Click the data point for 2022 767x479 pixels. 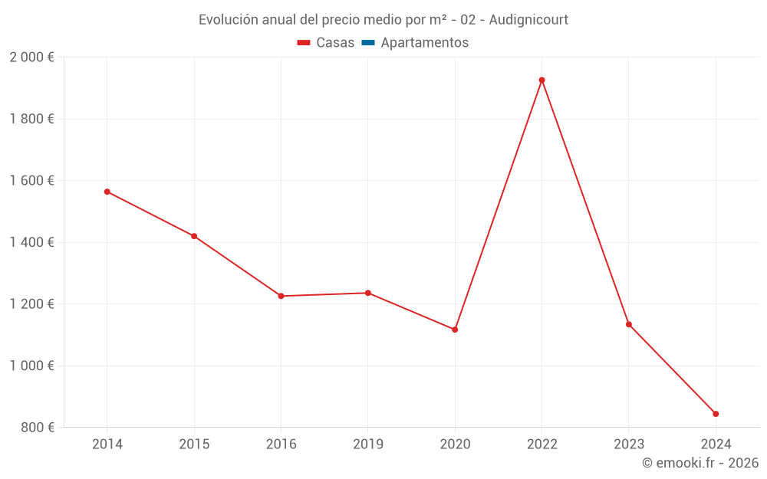[542, 80]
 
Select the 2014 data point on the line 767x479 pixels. [107, 192]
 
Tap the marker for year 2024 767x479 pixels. [716, 414]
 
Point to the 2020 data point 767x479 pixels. [455, 330]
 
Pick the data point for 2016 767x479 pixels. [281, 296]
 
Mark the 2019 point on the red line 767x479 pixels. [368, 293]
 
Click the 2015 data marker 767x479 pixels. [194, 236]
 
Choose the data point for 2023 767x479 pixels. [629, 324]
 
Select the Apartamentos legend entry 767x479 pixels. [424, 43]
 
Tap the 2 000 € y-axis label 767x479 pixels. [31, 57]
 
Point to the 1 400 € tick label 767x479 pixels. [31, 242]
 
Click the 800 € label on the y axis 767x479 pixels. [37, 427]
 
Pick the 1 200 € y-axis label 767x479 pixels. [31, 303]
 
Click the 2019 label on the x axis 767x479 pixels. [368, 444]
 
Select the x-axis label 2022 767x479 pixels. [542, 444]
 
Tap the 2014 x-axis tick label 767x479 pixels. [107, 444]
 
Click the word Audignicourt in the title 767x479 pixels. [528, 20]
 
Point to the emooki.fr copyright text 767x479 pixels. [700, 463]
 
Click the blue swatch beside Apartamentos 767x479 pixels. [368, 43]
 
